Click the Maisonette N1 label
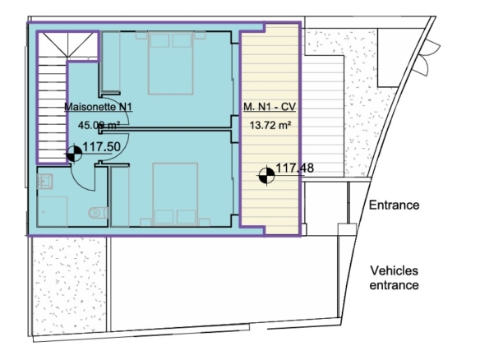tap(99, 107)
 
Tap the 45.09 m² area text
tap(99, 125)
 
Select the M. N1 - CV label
tap(270, 107)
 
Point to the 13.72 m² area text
tap(270, 125)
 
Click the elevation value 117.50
tap(102, 147)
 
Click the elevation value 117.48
tap(295, 168)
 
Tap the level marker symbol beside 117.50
tap(74, 154)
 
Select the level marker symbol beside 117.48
tap(266, 176)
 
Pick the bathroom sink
tap(44, 181)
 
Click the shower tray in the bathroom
tap(52, 211)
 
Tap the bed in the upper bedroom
tap(170, 62)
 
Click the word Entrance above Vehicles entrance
tap(394, 205)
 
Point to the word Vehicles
tap(394, 270)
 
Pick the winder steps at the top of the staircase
tap(68, 44)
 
